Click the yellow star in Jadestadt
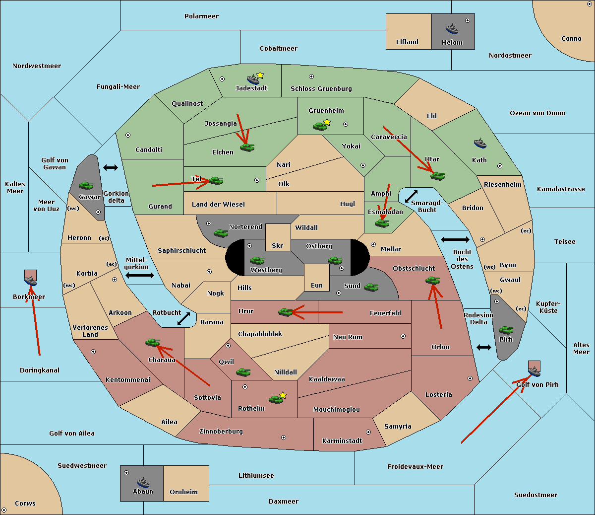[260, 75]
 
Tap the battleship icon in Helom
[451, 29]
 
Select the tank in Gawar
[86, 185]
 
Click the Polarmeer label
[201, 16]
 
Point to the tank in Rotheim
[276, 399]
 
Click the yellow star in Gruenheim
[327, 122]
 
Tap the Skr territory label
[278, 245]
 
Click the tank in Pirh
[506, 330]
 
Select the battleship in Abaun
[143, 482]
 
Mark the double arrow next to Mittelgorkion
[140, 275]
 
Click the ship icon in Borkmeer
[31, 280]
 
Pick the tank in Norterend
[221, 233]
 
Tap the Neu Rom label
[348, 337]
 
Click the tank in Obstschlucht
[432, 280]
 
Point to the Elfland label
[407, 42]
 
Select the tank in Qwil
[243, 372]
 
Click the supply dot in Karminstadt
[368, 432]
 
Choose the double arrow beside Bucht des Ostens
[455, 240]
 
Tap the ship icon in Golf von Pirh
[534, 370]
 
